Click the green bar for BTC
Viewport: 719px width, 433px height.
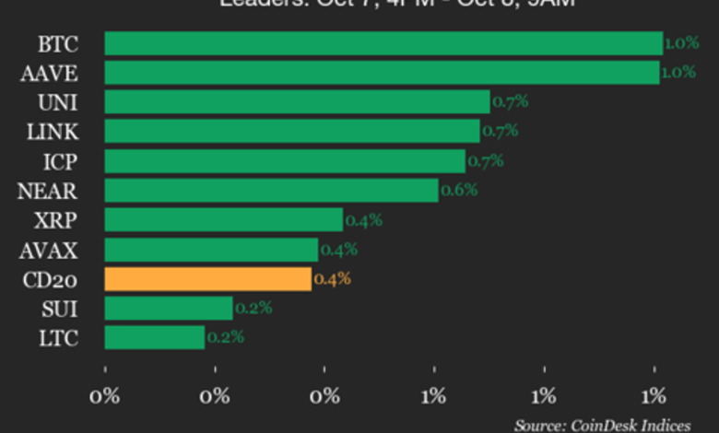(383, 43)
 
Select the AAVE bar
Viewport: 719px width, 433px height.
(382, 73)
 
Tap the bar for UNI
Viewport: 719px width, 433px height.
(297, 101)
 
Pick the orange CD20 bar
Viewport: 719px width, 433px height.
(207, 278)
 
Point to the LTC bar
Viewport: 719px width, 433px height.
(154, 337)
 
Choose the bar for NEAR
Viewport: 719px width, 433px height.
(271, 190)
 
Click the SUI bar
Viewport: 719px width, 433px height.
(169, 308)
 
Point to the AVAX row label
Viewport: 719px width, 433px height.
(51, 249)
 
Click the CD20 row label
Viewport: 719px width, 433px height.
(51, 278)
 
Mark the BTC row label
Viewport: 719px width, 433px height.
(58, 43)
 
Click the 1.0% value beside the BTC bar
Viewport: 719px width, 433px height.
(681, 43)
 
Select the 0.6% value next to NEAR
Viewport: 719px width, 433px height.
(459, 190)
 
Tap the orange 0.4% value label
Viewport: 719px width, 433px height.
(332, 278)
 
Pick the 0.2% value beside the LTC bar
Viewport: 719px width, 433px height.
(225, 337)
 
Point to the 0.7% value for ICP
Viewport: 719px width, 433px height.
(485, 161)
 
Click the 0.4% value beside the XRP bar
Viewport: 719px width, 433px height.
(363, 219)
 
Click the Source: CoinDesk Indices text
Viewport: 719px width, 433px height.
(602, 425)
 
